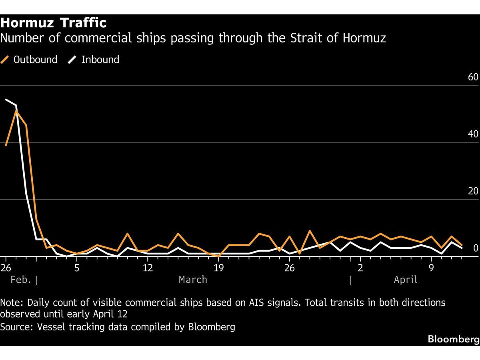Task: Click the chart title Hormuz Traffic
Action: point(53,23)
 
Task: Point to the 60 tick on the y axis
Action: point(473,77)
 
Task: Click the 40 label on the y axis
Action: point(473,134)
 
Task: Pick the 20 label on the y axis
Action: point(473,191)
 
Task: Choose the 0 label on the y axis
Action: point(476,248)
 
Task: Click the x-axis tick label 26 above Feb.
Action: point(6,268)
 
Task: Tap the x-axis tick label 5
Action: point(77,268)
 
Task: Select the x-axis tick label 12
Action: point(148,268)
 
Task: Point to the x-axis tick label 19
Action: point(218,268)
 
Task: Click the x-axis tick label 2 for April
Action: point(360,268)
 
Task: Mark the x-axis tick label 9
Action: point(431,268)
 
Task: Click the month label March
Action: point(193,280)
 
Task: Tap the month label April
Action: point(406,280)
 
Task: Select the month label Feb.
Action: point(21,280)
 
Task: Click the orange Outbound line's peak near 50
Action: point(16,111)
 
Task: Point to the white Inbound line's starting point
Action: point(6,100)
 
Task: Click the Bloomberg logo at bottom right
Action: point(453,339)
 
